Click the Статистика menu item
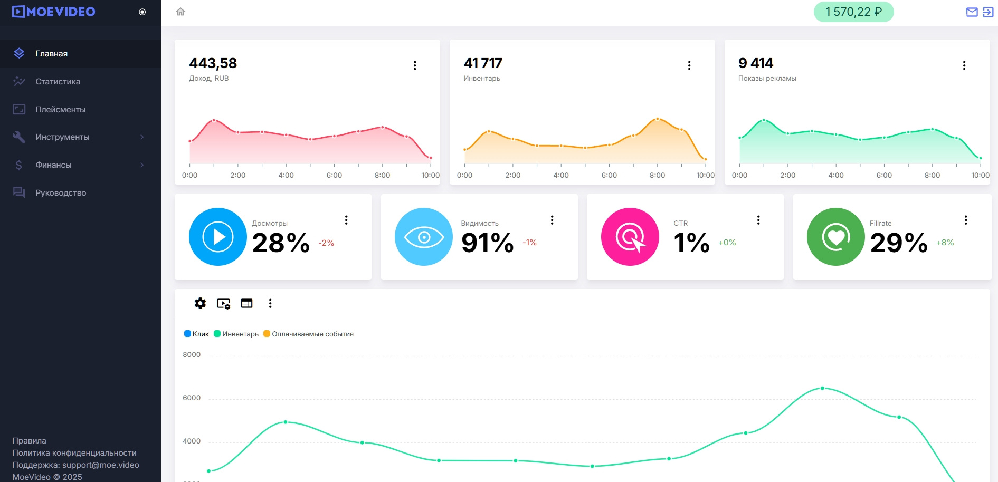[58, 81]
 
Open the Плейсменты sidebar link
[60, 109]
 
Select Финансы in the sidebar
[53, 165]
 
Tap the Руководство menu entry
[61, 192]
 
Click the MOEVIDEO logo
[54, 12]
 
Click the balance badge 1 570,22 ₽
[853, 12]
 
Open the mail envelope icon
[972, 12]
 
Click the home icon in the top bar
[180, 12]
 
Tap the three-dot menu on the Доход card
[415, 65]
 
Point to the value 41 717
[483, 63]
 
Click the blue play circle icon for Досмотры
[217, 237]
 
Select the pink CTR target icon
[630, 237]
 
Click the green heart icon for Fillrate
[836, 237]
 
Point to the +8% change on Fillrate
[945, 243]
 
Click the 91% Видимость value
[487, 243]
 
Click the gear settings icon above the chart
[200, 303]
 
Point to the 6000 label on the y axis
[192, 398]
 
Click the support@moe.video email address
[101, 465]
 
